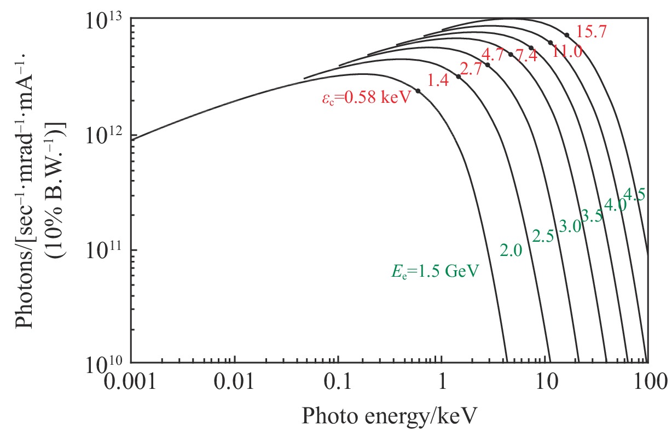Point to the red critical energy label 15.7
(x=591, y=32)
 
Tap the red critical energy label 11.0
(x=567, y=52)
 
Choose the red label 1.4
(x=438, y=80)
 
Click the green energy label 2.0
(x=511, y=251)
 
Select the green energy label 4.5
(x=635, y=194)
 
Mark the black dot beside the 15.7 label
(x=566, y=35)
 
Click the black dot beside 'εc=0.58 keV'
(x=418, y=91)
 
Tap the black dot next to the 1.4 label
(x=459, y=77)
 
